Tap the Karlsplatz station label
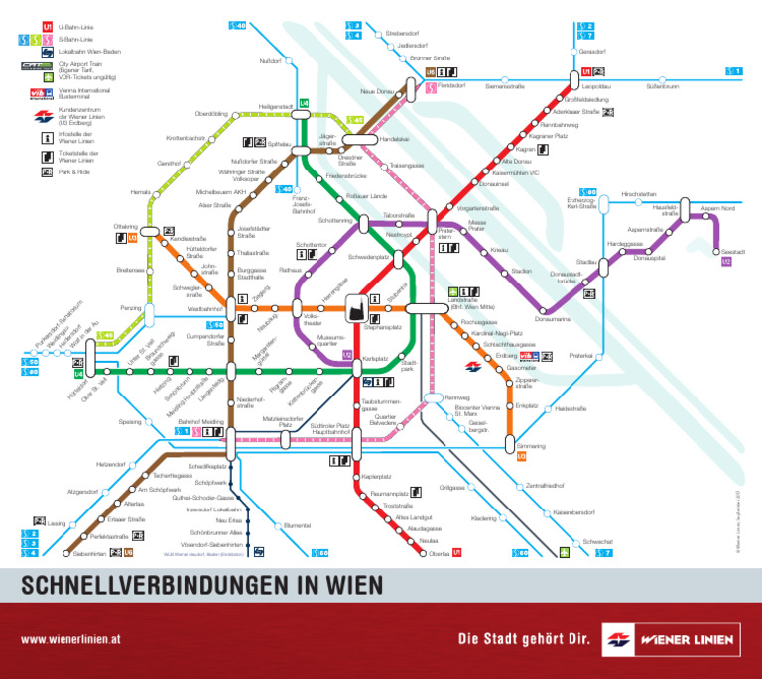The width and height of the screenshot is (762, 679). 374,358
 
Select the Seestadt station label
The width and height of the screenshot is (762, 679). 734,251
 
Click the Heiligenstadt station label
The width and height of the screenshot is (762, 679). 275,106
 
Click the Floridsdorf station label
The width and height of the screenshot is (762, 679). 452,87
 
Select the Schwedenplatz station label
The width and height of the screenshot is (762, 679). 368,257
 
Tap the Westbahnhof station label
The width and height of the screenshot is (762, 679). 204,309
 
